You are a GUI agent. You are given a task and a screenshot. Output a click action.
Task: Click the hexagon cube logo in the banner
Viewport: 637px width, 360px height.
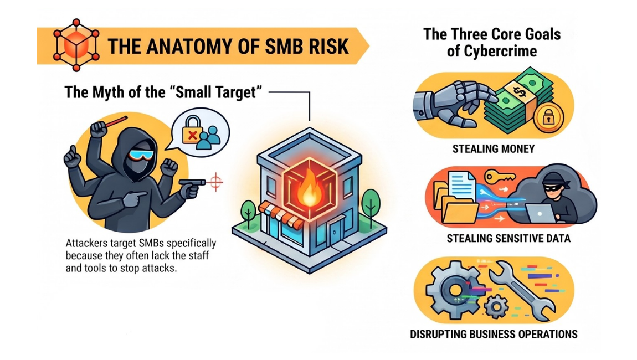point(76,45)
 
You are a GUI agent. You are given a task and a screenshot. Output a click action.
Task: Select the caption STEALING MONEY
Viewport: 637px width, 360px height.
point(493,149)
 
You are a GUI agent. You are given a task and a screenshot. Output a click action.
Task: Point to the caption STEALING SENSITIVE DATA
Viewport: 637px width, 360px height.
point(508,239)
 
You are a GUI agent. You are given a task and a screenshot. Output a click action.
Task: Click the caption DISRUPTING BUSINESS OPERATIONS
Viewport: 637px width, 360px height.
point(494,335)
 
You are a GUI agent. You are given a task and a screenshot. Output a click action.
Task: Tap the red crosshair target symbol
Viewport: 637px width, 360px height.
point(215,182)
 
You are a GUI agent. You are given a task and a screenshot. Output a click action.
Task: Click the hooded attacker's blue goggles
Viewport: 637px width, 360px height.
point(141,155)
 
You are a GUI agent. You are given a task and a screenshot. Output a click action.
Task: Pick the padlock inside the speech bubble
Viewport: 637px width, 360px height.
point(192,130)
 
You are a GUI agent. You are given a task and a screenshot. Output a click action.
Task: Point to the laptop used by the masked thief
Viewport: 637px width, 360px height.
point(540,214)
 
